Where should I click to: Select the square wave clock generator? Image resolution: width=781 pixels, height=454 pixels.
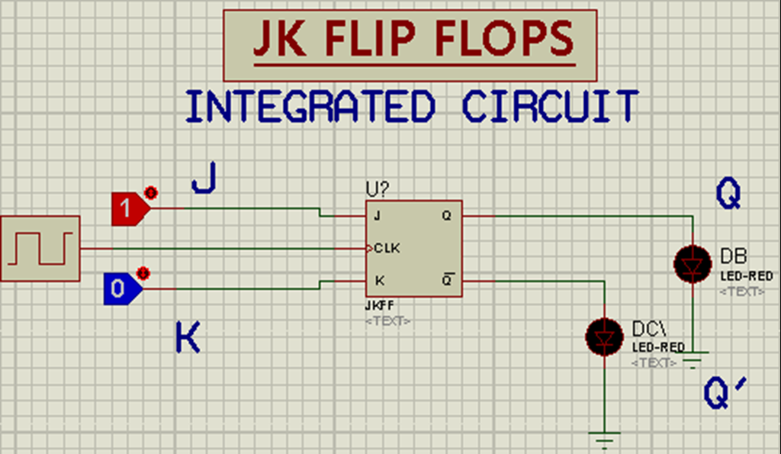(40, 249)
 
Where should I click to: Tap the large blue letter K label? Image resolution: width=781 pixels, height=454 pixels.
(188, 336)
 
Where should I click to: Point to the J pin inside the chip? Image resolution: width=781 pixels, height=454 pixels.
(377, 216)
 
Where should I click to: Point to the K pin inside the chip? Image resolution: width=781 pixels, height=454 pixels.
(379, 281)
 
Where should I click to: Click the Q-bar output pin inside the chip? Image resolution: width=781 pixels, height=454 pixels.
(447, 281)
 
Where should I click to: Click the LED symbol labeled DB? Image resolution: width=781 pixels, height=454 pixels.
(693, 264)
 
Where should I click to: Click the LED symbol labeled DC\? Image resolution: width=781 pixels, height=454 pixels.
(605, 336)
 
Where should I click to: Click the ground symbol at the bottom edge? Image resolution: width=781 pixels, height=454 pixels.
(605, 440)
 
